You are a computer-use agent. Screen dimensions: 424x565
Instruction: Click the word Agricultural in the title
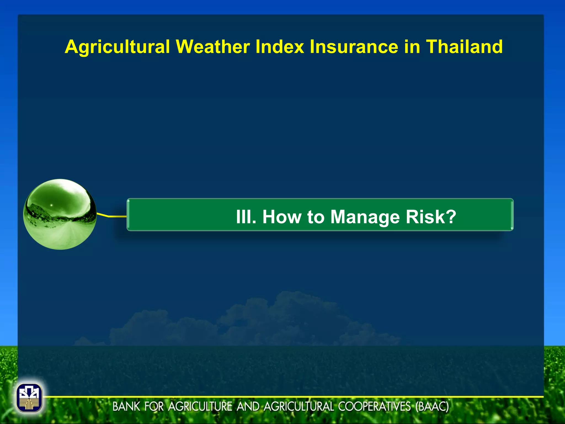click(117, 47)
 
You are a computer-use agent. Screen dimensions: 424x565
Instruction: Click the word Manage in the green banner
click(365, 217)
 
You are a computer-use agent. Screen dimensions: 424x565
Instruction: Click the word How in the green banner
click(282, 217)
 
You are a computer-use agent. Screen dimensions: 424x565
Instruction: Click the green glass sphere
click(60, 214)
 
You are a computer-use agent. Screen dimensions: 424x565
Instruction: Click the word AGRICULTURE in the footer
click(200, 407)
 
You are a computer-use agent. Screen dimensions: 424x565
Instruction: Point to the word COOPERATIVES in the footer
click(374, 407)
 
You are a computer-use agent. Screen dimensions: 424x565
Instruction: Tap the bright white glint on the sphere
click(51, 205)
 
